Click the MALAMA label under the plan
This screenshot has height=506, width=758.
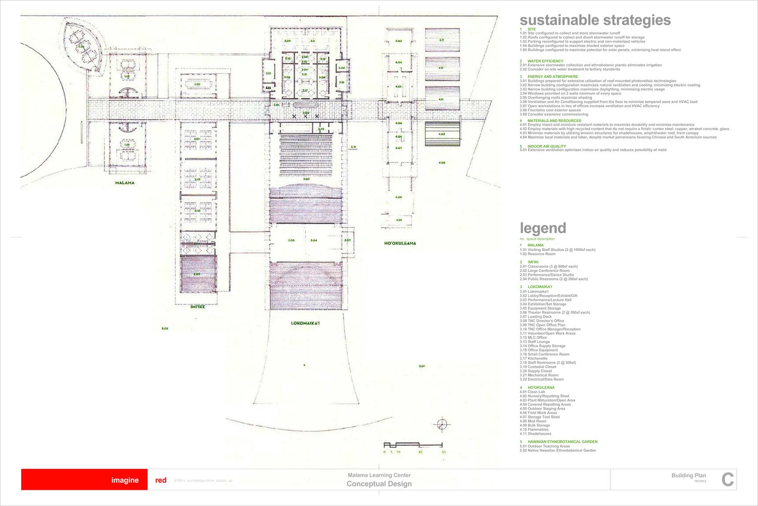[125, 183]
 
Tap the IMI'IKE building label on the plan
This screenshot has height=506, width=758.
[198, 307]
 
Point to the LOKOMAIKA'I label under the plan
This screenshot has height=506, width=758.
[305, 323]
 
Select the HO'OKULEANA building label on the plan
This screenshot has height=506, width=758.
[400, 243]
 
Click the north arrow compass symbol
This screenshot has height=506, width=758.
[442, 424]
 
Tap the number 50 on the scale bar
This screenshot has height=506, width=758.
[444, 452]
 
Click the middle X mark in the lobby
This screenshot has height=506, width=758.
[305, 116]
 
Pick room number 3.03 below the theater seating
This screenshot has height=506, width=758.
[306, 179]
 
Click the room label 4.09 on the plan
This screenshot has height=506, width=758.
[399, 197]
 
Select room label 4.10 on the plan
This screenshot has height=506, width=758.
[399, 220]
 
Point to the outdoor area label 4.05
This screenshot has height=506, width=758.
[442, 162]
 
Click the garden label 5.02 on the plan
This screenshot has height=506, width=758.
[165, 328]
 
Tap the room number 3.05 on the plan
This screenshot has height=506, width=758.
[291, 240]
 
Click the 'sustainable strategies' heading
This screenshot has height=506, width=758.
[595, 20]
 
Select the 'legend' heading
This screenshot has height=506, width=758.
[543, 228]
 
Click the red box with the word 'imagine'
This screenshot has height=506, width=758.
[84, 480]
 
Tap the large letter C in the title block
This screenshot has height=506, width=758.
[727, 479]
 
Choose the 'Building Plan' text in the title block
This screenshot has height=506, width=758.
[688, 475]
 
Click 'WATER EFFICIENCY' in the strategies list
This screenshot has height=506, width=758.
[545, 61]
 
